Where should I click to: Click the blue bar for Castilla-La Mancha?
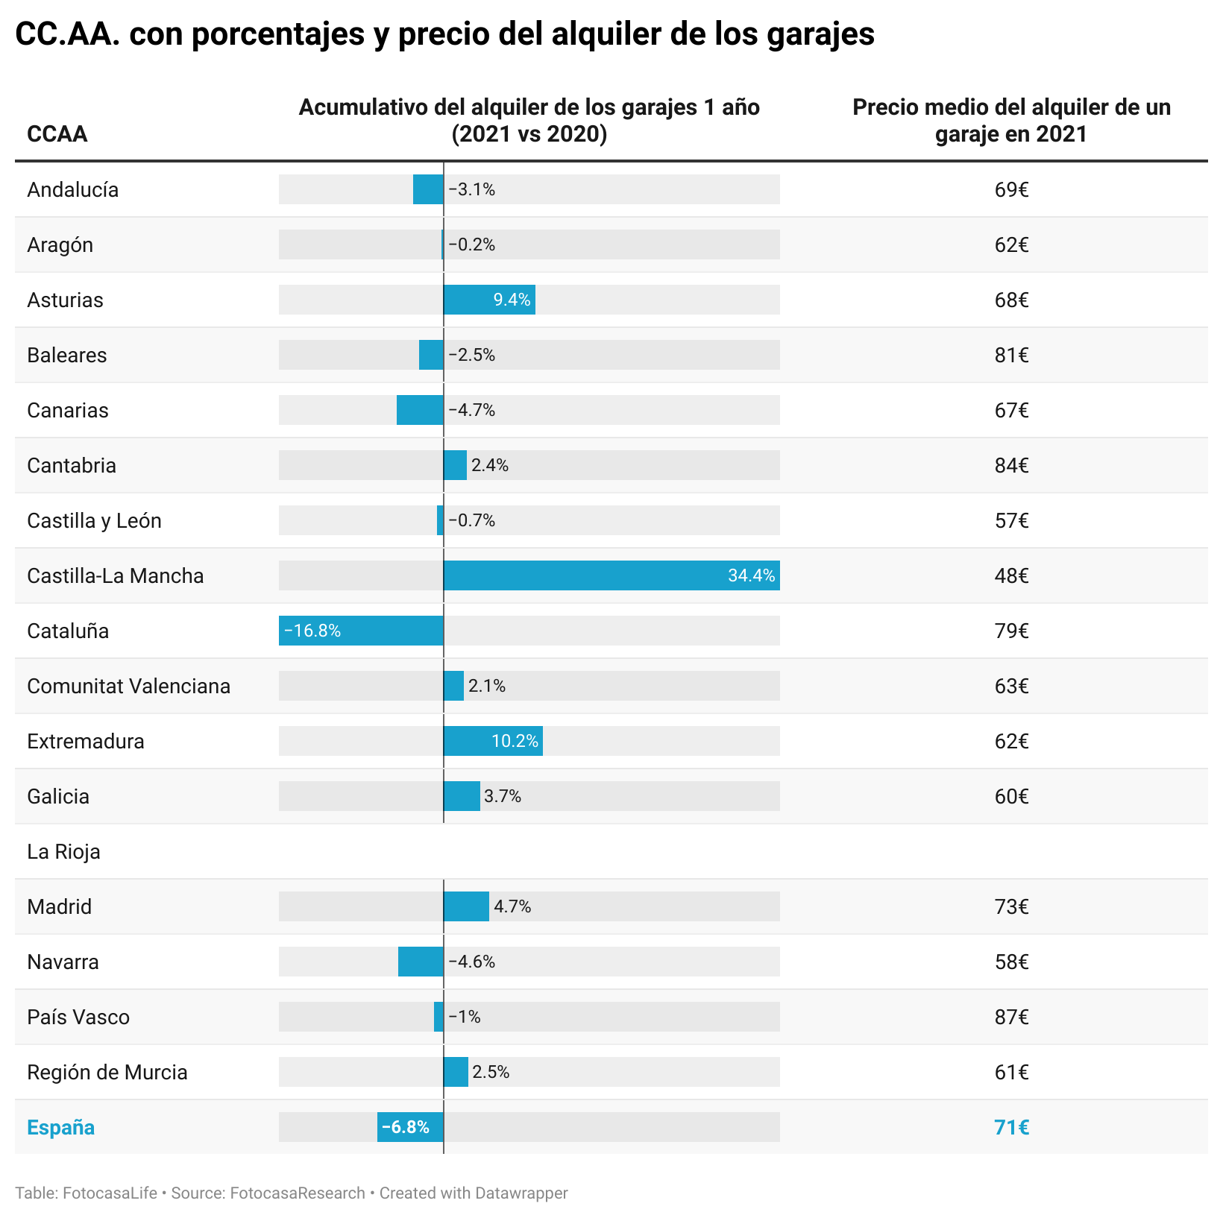point(611,575)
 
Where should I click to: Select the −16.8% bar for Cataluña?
point(361,631)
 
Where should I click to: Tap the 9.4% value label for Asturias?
point(512,300)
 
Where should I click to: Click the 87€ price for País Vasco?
point(1011,1017)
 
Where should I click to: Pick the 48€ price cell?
point(1011,575)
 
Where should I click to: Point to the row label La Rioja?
point(63,851)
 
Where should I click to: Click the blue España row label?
point(60,1127)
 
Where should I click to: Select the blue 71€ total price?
point(1011,1127)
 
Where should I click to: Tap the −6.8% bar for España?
point(410,1127)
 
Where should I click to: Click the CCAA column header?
point(57,134)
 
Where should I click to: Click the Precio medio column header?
point(1011,120)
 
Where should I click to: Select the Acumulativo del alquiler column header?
point(529,120)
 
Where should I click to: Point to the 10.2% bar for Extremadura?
point(493,741)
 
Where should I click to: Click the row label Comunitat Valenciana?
point(128,686)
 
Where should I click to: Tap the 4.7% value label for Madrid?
point(512,906)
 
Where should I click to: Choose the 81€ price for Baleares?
point(1011,355)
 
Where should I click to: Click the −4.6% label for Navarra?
point(471,962)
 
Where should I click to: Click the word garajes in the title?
point(820,34)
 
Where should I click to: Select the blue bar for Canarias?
point(420,410)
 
